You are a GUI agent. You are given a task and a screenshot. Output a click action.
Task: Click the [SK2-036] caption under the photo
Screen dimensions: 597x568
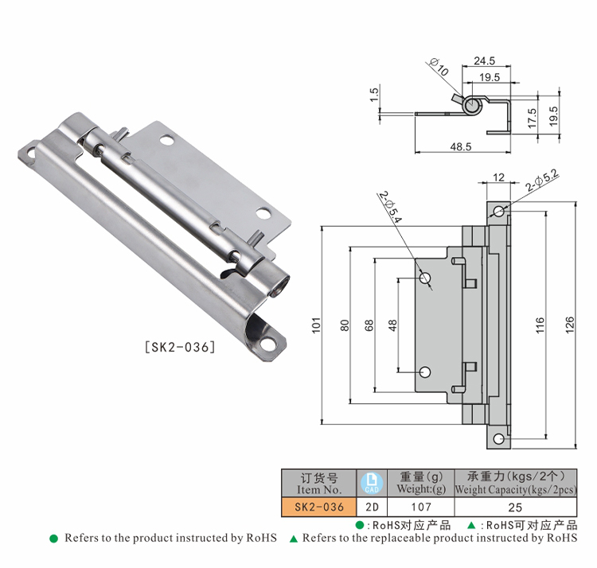click(180, 347)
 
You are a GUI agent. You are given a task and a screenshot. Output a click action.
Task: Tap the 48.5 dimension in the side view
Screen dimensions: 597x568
click(461, 146)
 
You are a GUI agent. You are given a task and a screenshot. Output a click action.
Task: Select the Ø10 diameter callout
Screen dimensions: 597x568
click(439, 67)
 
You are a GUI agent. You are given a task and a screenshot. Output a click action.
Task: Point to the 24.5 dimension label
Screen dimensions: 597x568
click(484, 60)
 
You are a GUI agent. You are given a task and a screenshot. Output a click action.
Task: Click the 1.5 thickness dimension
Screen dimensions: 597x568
click(375, 95)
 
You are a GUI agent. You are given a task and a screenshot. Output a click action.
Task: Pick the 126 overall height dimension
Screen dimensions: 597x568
click(569, 325)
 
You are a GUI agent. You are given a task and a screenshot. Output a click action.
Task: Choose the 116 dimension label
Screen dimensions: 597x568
click(540, 325)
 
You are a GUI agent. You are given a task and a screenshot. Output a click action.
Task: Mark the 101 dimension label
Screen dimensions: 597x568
click(316, 325)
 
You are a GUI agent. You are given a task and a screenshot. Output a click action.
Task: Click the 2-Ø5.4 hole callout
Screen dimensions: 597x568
click(390, 207)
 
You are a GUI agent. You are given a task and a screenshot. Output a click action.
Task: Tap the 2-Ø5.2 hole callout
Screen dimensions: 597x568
click(542, 180)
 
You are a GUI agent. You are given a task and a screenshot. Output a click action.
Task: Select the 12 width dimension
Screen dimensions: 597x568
click(498, 177)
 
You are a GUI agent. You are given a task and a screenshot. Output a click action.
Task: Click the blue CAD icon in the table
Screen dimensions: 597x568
click(372, 483)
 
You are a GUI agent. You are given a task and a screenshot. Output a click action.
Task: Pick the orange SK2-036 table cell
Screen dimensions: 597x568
click(319, 507)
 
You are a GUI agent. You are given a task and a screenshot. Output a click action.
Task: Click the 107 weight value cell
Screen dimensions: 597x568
click(421, 507)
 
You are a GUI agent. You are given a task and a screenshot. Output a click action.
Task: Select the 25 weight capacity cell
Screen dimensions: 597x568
click(515, 507)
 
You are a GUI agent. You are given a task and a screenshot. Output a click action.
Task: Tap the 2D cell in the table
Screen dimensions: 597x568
click(372, 507)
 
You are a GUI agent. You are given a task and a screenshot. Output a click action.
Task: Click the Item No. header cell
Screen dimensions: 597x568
click(319, 483)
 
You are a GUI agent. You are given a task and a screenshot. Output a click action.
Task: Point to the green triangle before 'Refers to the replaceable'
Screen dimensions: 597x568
click(294, 539)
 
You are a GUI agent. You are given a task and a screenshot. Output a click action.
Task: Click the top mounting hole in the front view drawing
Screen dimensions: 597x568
click(498, 211)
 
